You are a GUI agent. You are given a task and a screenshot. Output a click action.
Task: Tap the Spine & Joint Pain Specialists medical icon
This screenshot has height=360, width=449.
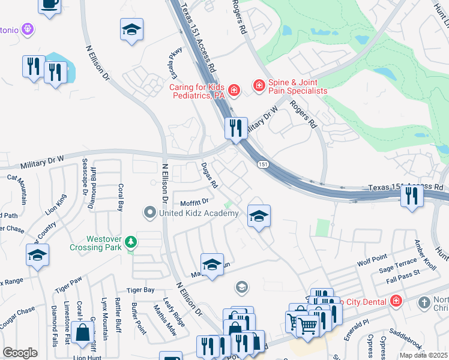[259, 86]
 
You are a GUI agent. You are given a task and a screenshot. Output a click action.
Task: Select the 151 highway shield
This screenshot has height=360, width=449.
[262, 164]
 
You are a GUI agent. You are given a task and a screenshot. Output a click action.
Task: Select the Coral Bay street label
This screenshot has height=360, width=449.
[120, 197]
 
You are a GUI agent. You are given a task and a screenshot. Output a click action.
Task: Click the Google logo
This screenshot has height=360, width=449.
[20, 353]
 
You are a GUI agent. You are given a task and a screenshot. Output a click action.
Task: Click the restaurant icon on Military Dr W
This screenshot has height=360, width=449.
[236, 128]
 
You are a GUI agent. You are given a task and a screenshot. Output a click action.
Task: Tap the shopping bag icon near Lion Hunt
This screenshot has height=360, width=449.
[82, 332]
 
